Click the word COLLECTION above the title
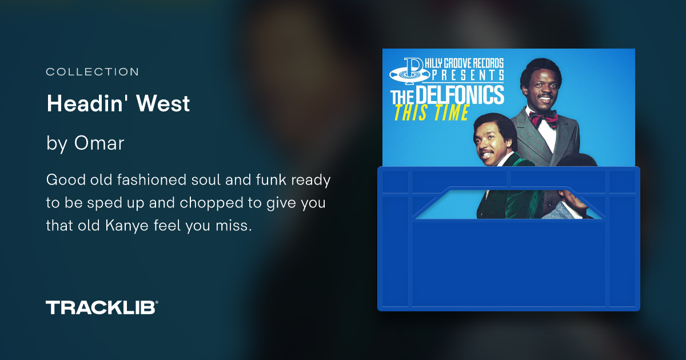click(92, 72)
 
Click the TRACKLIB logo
click(102, 307)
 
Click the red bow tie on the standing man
click(543, 118)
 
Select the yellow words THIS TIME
click(431, 113)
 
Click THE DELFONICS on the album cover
click(447, 95)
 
